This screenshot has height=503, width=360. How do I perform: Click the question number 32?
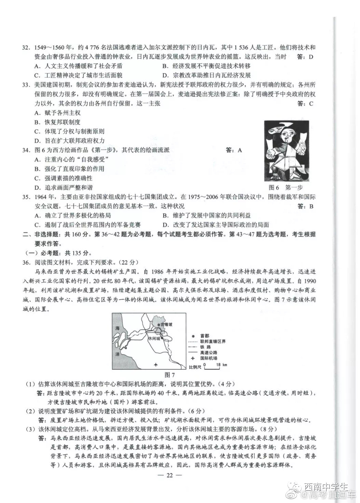tap(26, 47)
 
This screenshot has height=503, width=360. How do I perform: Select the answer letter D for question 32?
tap(311, 57)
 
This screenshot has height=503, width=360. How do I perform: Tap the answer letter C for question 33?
tap(311, 103)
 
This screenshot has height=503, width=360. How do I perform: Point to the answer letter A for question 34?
tap(240, 150)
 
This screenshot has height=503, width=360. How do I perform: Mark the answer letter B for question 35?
tap(311, 206)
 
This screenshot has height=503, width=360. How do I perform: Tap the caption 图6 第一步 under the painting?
tap(286, 187)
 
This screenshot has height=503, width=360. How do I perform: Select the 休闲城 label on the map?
tap(154, 338)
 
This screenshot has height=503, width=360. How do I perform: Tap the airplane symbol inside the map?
tap(156, 364)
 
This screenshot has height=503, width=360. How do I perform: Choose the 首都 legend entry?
tap(205, 336)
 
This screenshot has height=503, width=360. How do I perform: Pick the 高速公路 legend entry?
tap(209, 352)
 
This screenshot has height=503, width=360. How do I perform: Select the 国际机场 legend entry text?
tap(209, 358)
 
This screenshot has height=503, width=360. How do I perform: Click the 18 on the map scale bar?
tap(218, 364)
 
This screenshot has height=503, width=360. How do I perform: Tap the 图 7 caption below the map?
tap(169, 375)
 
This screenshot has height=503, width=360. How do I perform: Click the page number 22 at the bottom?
tap(170, 475)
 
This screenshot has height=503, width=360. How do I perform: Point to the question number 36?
tap(26, 262)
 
